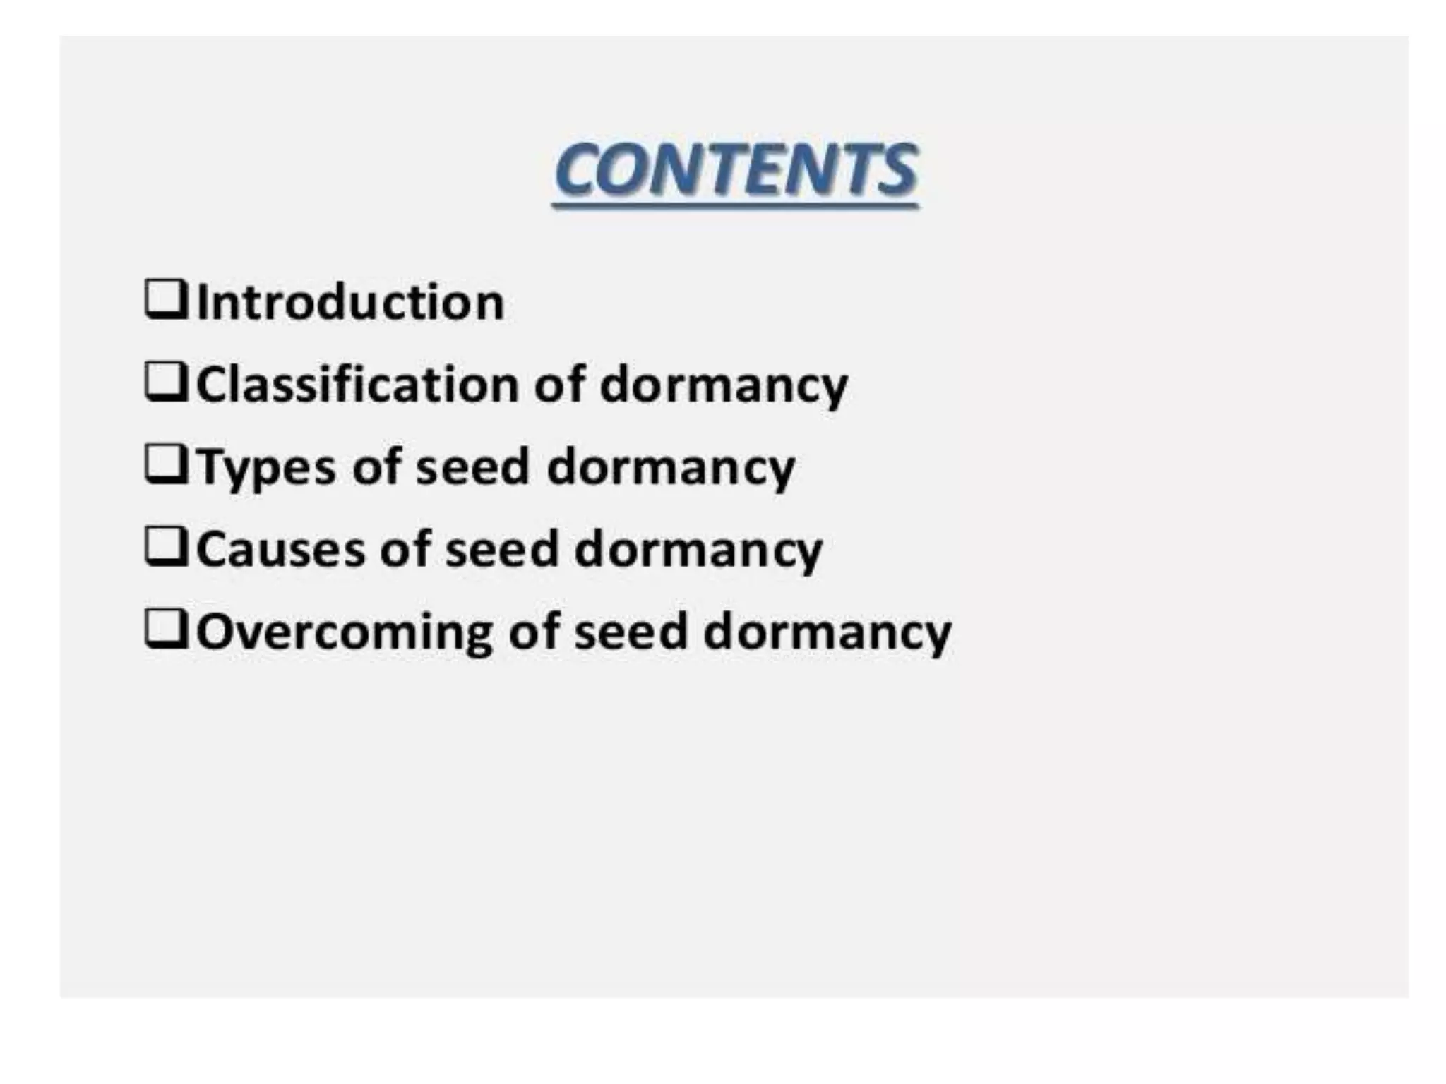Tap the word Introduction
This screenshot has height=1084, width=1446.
(350, 303)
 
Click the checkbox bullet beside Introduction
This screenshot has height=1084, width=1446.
(166, 300)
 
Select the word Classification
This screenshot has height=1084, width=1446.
(357, 385)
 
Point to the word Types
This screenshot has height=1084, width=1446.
(265, 468)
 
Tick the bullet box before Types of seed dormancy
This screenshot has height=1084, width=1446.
(166, 464)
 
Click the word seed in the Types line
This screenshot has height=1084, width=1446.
(472, 467)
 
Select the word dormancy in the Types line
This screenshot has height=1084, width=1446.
(671, 468)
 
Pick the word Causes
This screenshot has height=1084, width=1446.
(280, 549)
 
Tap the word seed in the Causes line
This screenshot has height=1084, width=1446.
(501, 549)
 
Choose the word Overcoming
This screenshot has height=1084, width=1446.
(344, 632)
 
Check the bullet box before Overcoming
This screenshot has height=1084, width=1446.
(166, 629)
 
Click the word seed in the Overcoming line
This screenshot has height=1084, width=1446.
(631, 632)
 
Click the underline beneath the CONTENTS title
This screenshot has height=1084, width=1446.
(736, 205)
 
